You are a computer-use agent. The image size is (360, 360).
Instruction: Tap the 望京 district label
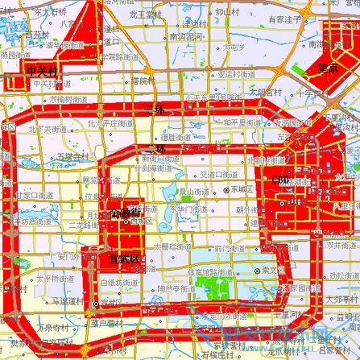[x=328, y=68]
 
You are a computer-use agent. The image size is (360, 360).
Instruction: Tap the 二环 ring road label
[x=159, y=149]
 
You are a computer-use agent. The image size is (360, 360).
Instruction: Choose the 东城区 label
[x=242, y=189]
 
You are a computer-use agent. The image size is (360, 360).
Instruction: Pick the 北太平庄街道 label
[x=106, y=123]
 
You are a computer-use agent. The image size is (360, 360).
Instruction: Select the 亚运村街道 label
[x=237, y=73]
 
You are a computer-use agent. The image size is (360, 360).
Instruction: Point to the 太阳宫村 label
[x=265, y=91]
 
